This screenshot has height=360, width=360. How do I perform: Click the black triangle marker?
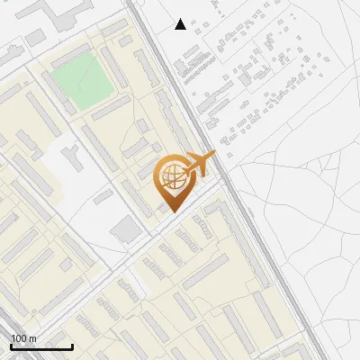click(x=180, y=24)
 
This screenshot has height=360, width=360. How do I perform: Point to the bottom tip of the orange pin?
click(x=171, y=211)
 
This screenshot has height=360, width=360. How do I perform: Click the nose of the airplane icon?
click(x=213, y=156)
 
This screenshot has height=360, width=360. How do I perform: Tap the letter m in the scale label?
click(x=32, y=338)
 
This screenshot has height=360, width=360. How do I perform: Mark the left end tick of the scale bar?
click(x=10, y=346)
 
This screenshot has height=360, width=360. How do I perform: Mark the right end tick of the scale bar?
click(x=72, y=346)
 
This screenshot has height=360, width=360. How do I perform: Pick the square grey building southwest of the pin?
click(x=127, y=229)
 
